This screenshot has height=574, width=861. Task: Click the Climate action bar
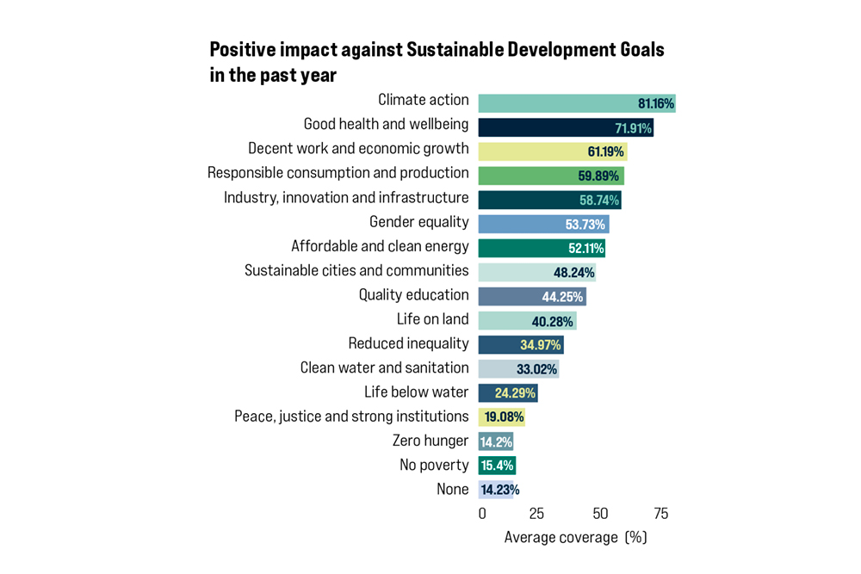[x=576, y=103]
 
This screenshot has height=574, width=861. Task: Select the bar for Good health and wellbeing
[x=566, y=127]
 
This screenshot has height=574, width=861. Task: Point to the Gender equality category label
[x=418, y=222]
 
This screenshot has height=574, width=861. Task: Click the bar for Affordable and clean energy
[x=542, y=248]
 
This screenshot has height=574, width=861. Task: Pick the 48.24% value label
[x=573, y=273]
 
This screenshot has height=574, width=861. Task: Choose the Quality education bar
[x=532, y=297]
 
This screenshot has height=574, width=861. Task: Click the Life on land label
[x=432, y=319]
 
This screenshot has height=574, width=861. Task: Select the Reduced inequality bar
[x=521, y=345]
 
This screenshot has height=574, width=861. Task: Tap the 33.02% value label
[x=536, y=370]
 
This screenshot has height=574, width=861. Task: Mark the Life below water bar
[x=508, y=393]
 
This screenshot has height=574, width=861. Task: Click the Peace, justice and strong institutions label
[x=351, y=417]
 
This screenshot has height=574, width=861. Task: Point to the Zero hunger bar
[x=496, y=441]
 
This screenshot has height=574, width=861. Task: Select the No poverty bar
[x=497, y=466]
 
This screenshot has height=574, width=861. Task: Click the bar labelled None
[x=496, y=490]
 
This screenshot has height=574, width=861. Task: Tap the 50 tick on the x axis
[x=600, y=514]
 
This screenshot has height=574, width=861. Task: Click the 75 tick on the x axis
[x=660, y=514]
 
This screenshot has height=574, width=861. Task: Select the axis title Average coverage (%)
[x=575, y=538]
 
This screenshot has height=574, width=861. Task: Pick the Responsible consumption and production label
[x=338, y=173]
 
